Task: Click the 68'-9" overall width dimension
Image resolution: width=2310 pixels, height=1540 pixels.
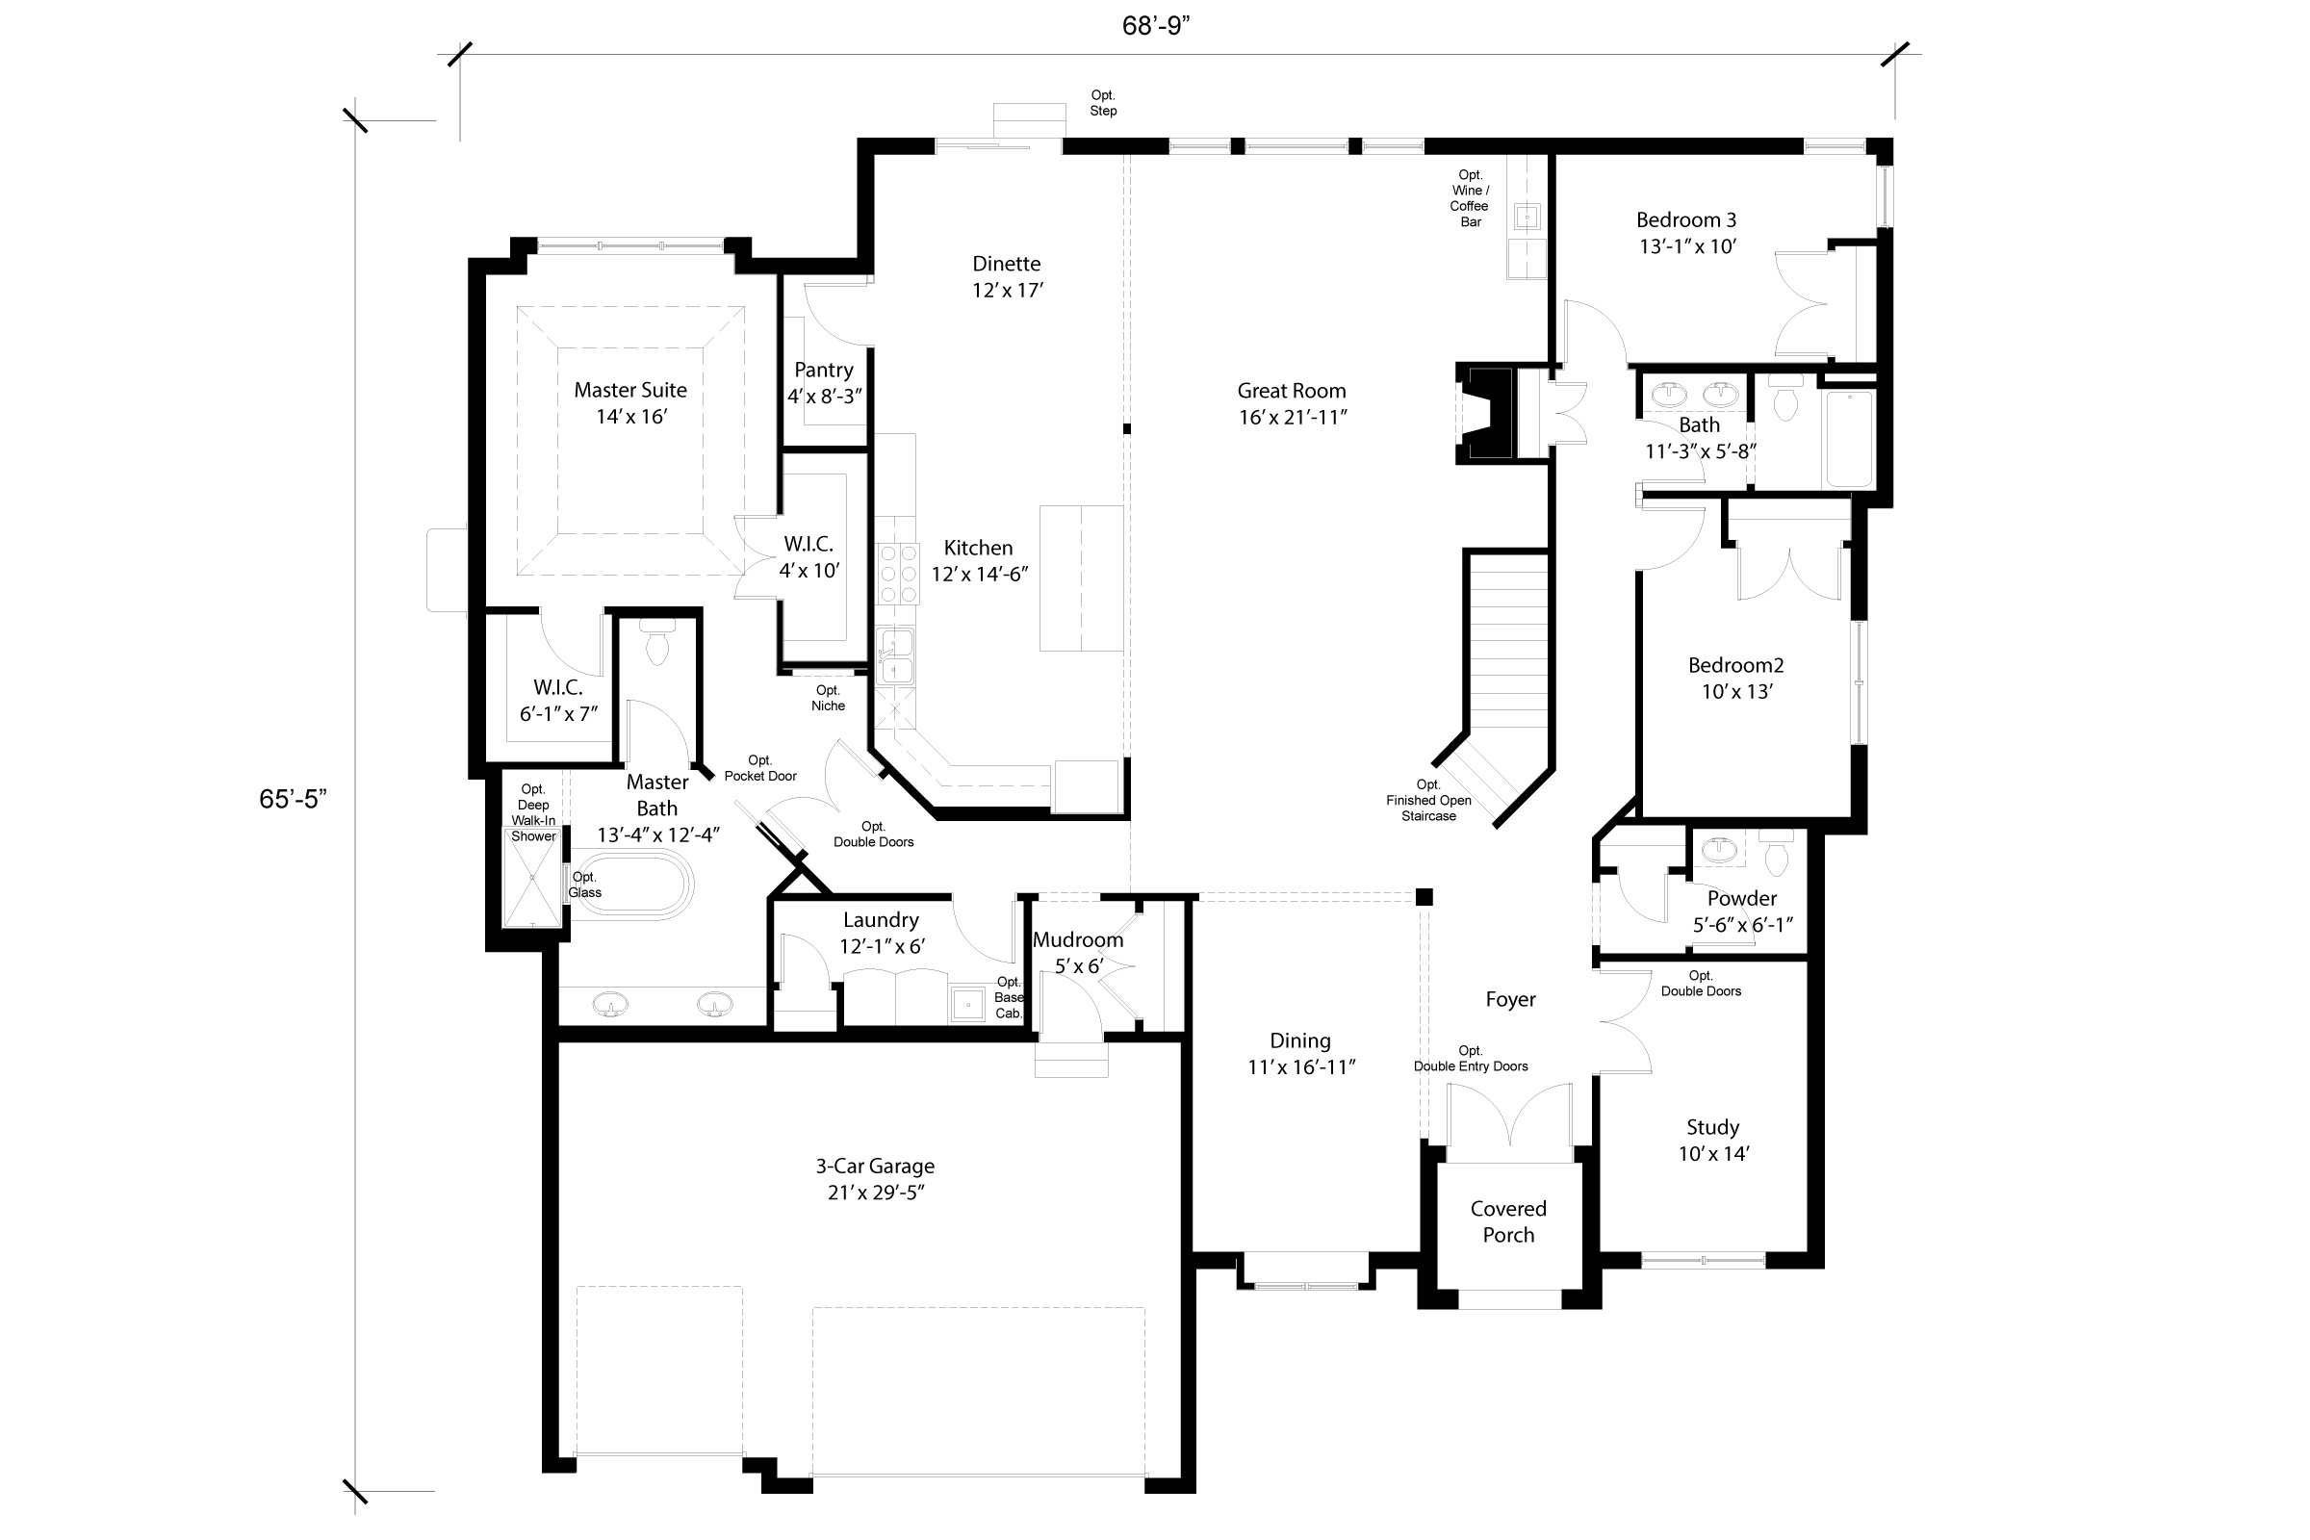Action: tap(1156, 27)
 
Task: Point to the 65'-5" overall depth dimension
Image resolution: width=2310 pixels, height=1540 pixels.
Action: tap(292, 799)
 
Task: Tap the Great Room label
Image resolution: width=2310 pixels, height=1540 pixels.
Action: tap(1291, 391)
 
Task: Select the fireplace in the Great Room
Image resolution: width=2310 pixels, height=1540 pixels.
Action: tap(1487, 413)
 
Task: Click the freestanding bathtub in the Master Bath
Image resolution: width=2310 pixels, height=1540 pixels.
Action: tap(630, 884)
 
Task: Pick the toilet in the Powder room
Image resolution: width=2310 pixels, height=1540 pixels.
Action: tap(1776, 855)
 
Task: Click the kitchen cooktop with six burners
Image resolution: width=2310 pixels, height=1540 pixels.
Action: tap(897, 574)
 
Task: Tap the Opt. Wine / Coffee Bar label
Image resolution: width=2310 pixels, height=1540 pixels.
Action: tap(1470, 198)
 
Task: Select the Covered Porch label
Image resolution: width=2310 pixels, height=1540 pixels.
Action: tap(1507, 1221)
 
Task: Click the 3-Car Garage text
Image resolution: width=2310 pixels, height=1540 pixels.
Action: tap(874, 1166)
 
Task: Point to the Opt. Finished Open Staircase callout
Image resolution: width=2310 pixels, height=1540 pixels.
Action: tap(1428, 800)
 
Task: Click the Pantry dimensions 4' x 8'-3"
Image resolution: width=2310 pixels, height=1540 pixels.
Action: tap(824, 397)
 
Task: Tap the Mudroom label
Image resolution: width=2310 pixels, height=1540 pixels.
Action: tap(1077, 940)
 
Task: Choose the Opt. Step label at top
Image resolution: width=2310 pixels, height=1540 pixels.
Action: tap(1103, 103)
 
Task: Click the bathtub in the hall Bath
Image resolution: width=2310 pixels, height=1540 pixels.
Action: tap(1847, 438)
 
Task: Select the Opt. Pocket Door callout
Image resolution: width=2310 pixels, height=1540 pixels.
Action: tap(760, 768)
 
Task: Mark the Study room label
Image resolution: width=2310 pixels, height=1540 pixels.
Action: tap(1712, 1127)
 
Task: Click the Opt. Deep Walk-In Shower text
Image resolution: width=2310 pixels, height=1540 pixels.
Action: tap(533, 812)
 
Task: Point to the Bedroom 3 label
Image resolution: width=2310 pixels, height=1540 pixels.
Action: tap(1685, 220)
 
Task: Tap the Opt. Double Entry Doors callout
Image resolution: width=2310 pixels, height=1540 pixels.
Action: tap(1471, 1058)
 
